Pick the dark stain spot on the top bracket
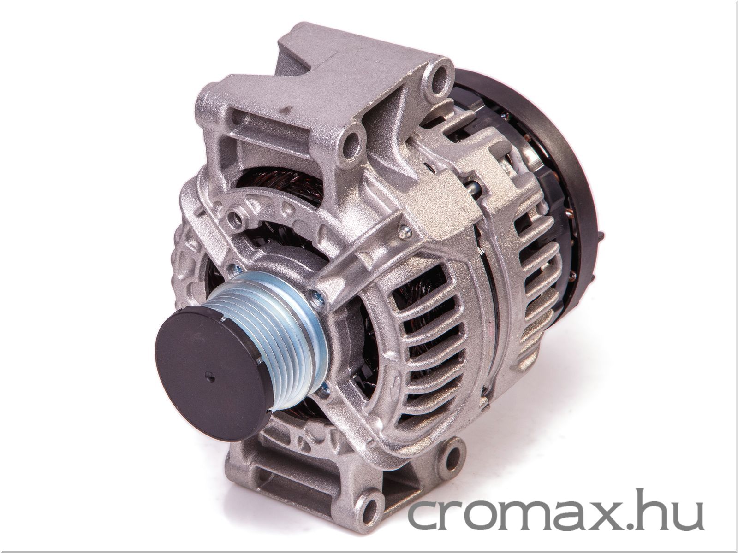coord(287,109)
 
